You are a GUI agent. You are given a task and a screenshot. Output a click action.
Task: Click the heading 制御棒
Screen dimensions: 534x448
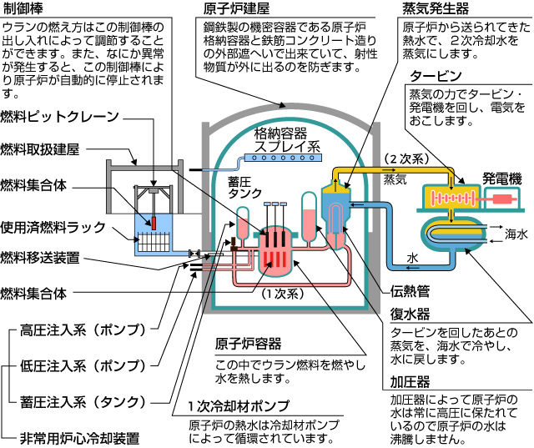pos(23,8)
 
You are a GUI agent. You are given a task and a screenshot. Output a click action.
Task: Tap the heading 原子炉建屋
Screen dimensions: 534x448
pos(236,8)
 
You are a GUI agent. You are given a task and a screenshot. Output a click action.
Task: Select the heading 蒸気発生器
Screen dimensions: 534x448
pos(436,8)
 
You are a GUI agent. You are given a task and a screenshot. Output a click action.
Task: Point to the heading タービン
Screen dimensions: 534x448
pos(436,76)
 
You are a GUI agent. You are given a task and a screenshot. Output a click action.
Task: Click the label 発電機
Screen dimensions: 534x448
pos(502,179)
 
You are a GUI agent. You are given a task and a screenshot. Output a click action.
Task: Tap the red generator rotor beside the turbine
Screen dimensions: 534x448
pos(502,199)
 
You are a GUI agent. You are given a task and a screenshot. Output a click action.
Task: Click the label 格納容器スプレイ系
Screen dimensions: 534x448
pos(287,139)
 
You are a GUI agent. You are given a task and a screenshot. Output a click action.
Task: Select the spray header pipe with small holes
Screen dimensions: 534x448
pos(284,158)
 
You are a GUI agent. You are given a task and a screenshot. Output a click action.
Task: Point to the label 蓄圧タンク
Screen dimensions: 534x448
pos(244,188)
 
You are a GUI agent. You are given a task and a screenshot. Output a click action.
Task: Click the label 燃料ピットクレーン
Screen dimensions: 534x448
pos(59,117)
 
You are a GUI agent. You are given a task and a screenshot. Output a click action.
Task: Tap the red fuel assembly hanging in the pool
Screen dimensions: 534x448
pos(154,224)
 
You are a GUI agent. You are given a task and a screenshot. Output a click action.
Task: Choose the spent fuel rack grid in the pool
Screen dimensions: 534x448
pos(154,242)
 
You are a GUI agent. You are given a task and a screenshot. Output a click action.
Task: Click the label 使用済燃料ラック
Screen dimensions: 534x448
pos(53,227)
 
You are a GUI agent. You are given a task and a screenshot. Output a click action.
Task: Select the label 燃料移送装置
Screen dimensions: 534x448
pos(40,258)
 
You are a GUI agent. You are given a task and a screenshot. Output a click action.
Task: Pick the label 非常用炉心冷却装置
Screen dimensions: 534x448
pos(79,438)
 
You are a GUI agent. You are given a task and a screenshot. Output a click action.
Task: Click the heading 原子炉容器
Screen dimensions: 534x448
pos(248,344)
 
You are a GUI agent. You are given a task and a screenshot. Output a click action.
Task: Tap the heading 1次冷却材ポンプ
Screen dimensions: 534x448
pos(239,405)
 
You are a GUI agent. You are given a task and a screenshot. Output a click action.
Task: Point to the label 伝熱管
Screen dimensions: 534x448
pos(410,291)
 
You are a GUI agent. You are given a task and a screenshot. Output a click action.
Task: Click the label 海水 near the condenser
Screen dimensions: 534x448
pos(516,234)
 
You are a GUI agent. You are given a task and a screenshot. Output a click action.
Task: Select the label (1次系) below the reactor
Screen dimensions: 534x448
pos(282,294)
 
